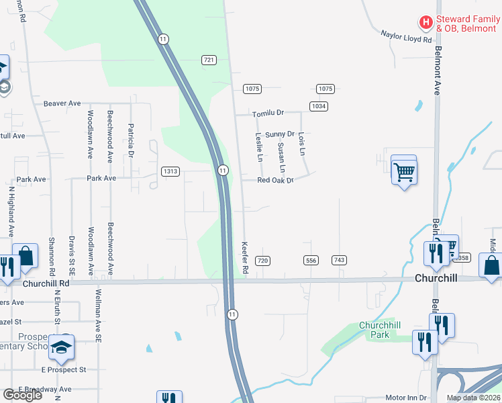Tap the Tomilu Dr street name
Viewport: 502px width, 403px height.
pyautogui.click(x=268, y=114)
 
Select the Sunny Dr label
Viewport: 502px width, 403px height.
pyautogui.click(x=280, y=134)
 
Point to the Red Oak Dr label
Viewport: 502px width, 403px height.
pyautogui.click(x=276, y=181)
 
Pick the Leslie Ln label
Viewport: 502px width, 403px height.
pyautogui.click(x=259, y=147)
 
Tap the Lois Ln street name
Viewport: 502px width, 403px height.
pyautogui.click(x=302, y=144)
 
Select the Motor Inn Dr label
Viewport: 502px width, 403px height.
pyautogui.click(x=405, y=398)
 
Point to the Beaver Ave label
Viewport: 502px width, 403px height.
pyautogui.click(x=62, y=103)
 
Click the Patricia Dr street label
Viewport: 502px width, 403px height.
pyautogui.click(x=132, y=140)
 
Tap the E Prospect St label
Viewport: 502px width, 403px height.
pyautogui.click(x=64, y=369)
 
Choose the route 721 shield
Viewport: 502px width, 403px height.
pyautogui.click(x=209, y=60)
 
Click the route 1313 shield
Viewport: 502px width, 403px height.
pyautogui.click(x=170, y=171)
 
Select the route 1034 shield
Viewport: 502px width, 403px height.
pyautogui.click(x=318, y=106)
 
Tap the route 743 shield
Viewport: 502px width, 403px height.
pyautogui.click(x=339, y=260)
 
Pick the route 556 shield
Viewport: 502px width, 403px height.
pyautogui.click(x=310, y=260)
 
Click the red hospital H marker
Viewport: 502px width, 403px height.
pyautogui.click(x=425, y=23)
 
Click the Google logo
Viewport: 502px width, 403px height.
pyautogui.click(x=22, y=395)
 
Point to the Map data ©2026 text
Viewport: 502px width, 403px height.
pyautogui.click(x=472, y=398)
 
